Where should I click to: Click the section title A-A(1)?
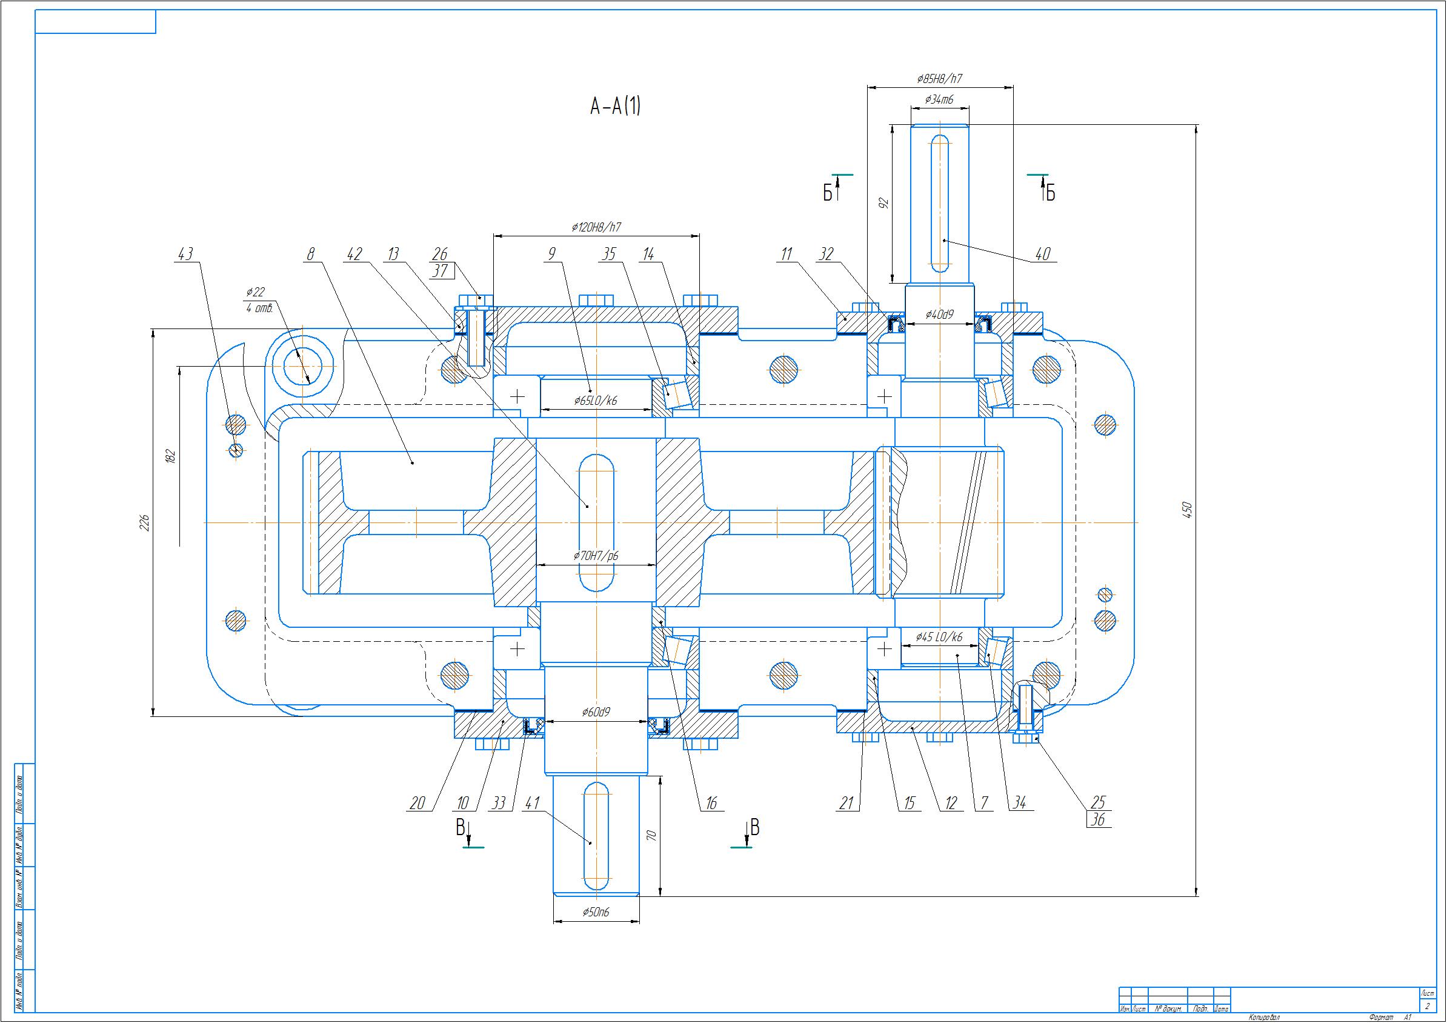point(615,107)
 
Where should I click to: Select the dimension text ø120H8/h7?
point(596,227)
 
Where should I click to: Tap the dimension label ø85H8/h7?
point(940,79)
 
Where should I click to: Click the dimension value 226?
point(144,522)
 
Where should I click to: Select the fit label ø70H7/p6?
point(596,555)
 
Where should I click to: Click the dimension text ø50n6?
point(596,912)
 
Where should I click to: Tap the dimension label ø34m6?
point(939,99)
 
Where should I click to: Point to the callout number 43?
point(185,254)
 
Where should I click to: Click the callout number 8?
point(310,254)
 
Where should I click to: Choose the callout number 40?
point(1043,254)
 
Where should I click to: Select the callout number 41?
point(532,803)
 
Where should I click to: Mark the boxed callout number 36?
point(1099,819)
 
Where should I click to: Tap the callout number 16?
point(711,803)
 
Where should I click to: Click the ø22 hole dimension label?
point(255,292)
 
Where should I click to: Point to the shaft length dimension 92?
point(883,203)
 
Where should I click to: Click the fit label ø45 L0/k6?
point(939,636)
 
